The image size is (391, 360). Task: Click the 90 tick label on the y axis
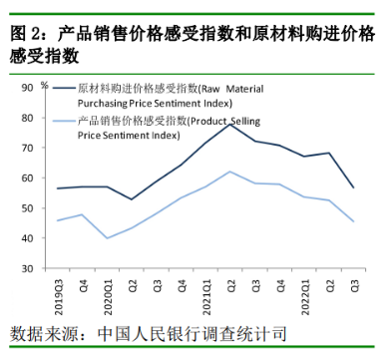coord(28,88)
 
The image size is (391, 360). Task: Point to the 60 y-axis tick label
coord(28,179)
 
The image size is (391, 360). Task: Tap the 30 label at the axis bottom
coord(28,268)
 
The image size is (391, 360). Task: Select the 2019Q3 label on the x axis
coord(59,297)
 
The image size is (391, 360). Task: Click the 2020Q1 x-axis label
coord(108,297)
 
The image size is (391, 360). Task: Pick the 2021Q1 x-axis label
coord(206,297)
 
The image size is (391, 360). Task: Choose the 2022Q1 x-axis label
coord(305,297)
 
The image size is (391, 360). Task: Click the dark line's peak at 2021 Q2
coord(230,125)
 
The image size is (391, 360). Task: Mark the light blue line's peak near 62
coord(230,172)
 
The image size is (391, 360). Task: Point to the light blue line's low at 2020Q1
coord(107,238)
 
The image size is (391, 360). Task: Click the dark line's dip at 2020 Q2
coord(132,199)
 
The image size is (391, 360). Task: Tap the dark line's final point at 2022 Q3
coord(354,187)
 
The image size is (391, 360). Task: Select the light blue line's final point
coord(354,221)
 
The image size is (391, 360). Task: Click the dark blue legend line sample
coord(64,88)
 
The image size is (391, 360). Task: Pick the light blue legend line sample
coord(64,121)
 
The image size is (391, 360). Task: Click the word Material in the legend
coord(244,89)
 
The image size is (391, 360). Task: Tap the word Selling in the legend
coord(245,121)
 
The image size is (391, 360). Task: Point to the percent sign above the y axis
coord(45,85)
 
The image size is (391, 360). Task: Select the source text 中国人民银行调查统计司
coord(193,333)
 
